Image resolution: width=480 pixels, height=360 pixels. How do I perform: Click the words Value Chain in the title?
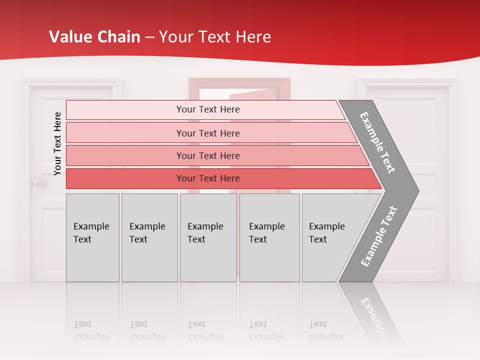pos(94,37)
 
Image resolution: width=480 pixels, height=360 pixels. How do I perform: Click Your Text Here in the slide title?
pos(215,37)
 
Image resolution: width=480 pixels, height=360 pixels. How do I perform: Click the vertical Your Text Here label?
pos(57,143)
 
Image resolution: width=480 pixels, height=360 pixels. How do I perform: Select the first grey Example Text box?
pos(92,237)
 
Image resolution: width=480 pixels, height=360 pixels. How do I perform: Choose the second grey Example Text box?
pos(149,237)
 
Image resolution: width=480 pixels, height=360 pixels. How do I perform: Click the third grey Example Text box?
pos(208,237)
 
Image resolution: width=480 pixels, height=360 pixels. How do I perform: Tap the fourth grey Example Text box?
pos(269,237)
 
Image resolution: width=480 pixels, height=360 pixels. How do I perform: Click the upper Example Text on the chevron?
pos(377,142)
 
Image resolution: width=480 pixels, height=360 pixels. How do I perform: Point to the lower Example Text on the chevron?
pos(378,236)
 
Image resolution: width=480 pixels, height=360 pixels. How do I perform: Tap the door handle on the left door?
pos(39,183)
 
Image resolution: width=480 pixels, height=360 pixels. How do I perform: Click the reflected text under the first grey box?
pos(91,330)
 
